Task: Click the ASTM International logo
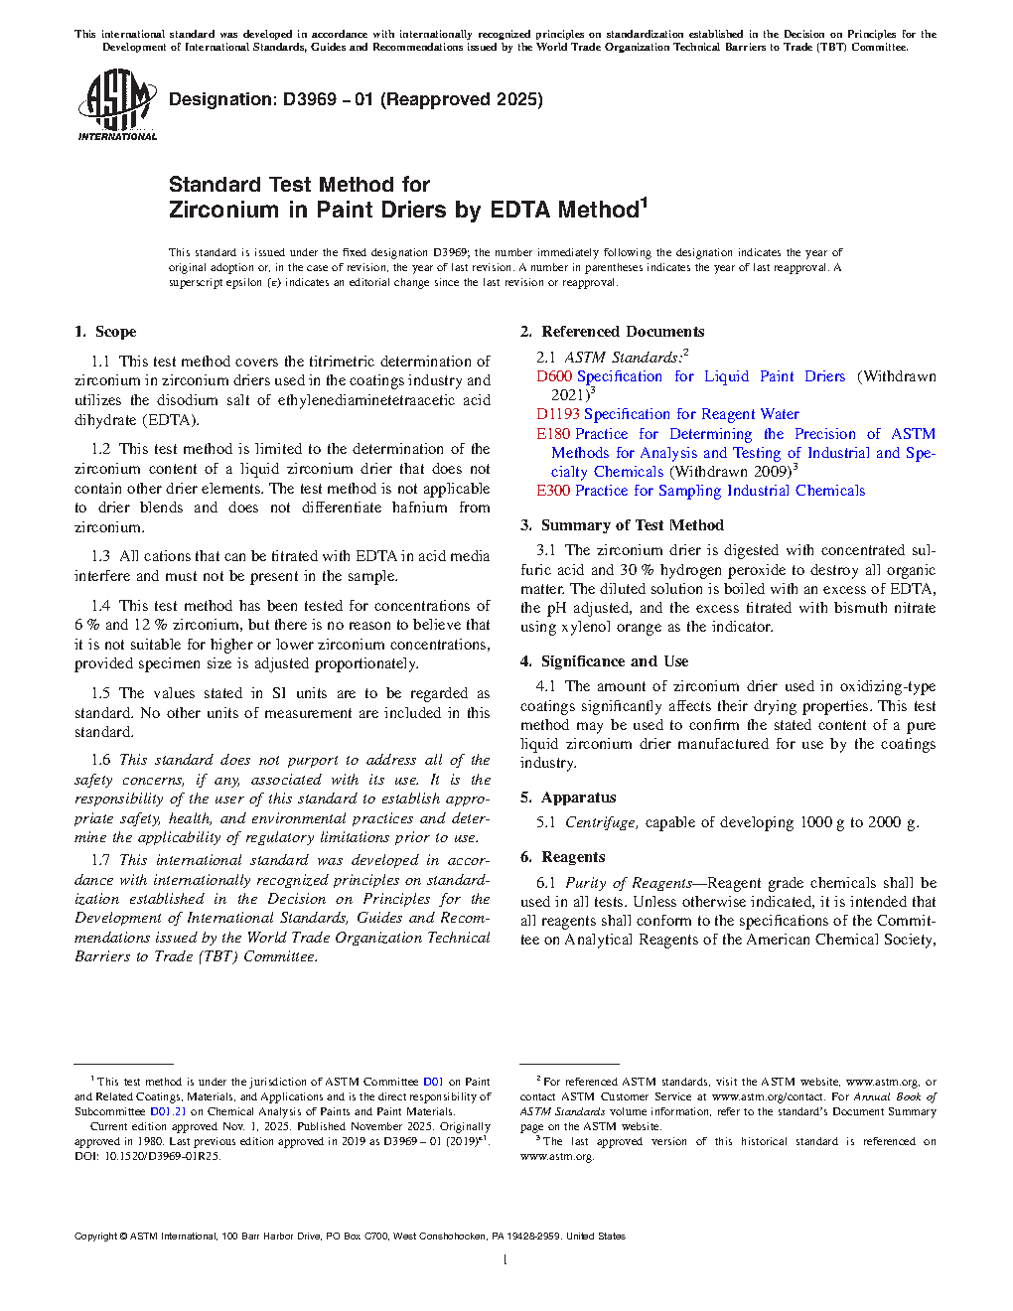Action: click(x=117, y=104)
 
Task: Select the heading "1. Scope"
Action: click(x=105, y=332)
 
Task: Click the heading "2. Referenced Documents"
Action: click(x=613, y=332)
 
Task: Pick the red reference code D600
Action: click(x=554, y=376)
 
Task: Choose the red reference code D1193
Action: click(x=558, y=414)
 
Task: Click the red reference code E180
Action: click(x=553, y=434)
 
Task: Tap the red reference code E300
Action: click(x=553, y=491)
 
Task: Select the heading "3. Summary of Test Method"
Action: click(x=623, y=525)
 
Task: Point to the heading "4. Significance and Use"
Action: click(x=605, y=661)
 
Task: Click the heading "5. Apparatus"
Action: click(x=568, y=798)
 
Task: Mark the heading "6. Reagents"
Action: click(x=563, y=857)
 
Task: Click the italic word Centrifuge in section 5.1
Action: click(x=601, y=822)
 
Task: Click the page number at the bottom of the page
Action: click(x=506, y=1260)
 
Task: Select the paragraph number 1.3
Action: click(x=100, y=556)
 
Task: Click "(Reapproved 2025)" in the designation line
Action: click(x=462, y=99)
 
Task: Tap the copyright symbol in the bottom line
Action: click(x=124, y=1237)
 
